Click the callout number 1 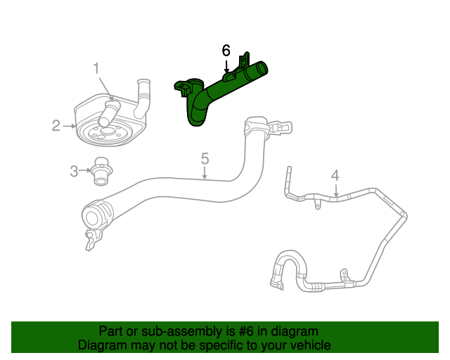97,68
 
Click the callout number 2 56,126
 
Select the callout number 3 74,170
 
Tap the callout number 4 335,175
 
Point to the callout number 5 205,158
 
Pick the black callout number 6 226,51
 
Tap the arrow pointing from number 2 69,126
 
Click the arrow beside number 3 85,170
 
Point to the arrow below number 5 205,173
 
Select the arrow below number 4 336,190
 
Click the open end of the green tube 262,69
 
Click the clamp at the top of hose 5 257,128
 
